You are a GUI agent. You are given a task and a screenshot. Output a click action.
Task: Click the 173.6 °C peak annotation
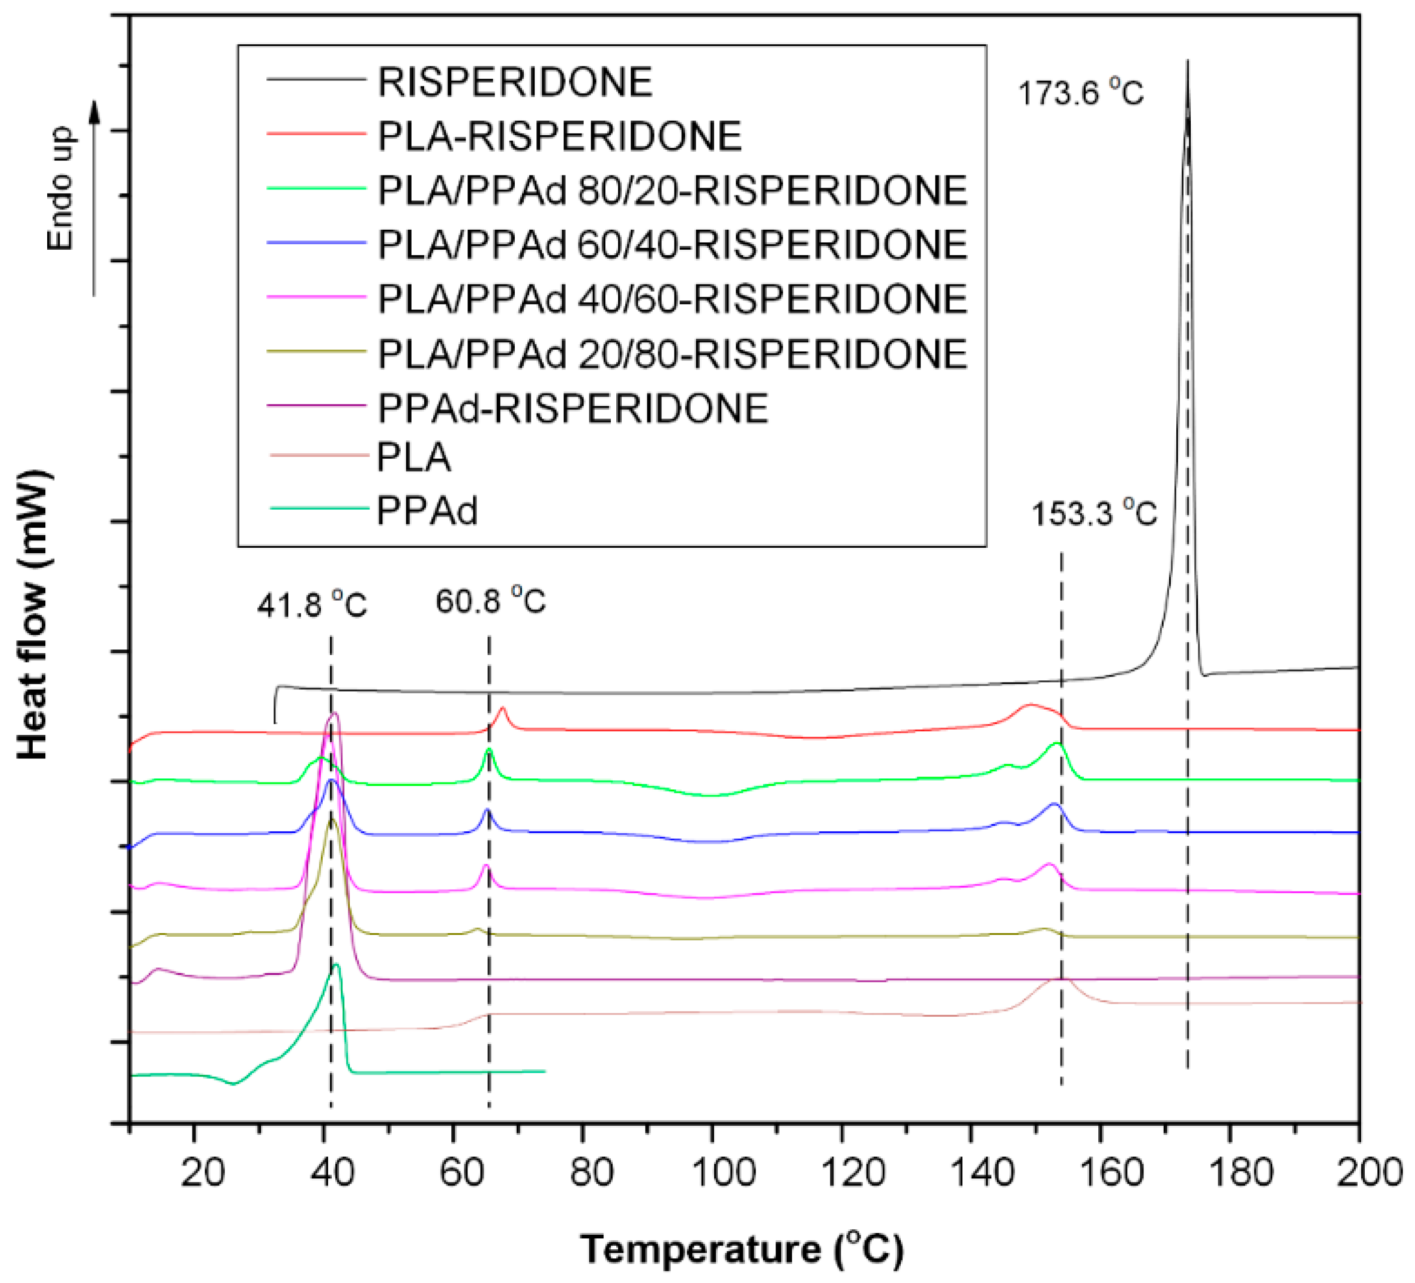click(x=1080, y=92)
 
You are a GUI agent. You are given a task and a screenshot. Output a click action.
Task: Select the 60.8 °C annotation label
click(x=490, y=601)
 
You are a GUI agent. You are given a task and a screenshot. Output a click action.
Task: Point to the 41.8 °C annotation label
click(x=311, y=605)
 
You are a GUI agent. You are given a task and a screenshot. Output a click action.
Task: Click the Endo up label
click(x=60, y=188)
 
